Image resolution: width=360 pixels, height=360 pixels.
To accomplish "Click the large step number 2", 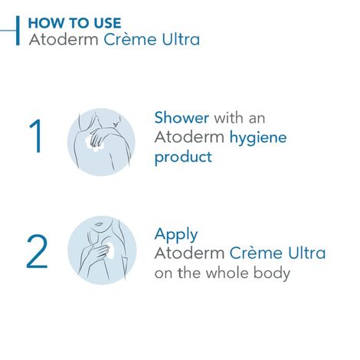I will pyautogui.click(x=37, y=252).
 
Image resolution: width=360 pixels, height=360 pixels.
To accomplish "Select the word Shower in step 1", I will pyautogui.click(x=182, y=119).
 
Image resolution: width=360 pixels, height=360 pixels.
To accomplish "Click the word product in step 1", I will pyautogui.click(x=182, y=158).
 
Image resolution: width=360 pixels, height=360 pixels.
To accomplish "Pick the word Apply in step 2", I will pyautogui.click(x=175, y=234).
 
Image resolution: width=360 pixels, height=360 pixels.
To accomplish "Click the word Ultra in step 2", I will pyautogui.click(x=303, y=253).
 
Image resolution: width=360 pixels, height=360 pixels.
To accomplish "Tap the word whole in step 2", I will pyautogui.click(x=231, y=272).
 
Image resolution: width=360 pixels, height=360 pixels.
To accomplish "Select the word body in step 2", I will pyautogui.click(x=273, y=273).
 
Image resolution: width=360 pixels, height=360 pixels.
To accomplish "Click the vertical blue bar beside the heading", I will pyautogui.click(x=18, y=30).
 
